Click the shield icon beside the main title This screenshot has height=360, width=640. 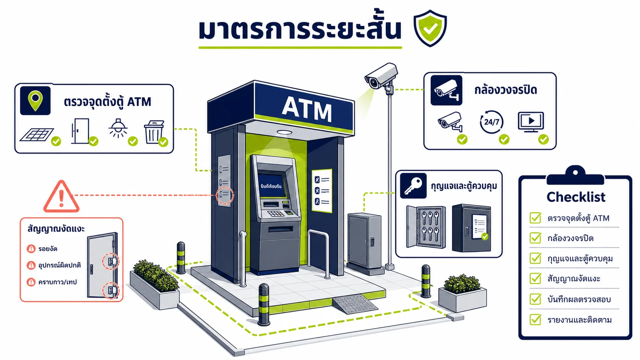point(430,28)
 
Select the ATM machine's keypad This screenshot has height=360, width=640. point(276,214)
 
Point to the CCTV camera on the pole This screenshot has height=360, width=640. point(381,76)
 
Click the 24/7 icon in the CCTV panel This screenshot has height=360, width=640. point(492,122)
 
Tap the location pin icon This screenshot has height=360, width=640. point(35,100)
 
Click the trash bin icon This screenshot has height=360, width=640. point(154,132)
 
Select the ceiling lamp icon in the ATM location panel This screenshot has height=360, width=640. point(118,128)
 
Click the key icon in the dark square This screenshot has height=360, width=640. point(413,186)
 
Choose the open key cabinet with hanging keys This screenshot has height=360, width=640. point(426,227)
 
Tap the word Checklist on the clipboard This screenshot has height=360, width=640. point(576,197)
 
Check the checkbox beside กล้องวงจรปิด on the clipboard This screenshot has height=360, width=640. point(535,238)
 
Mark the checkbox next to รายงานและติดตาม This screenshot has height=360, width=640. point(535,319)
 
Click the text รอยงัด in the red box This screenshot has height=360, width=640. point(48,249)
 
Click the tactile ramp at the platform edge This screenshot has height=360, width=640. point(355,304)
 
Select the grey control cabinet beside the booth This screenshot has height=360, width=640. point(364,243)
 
